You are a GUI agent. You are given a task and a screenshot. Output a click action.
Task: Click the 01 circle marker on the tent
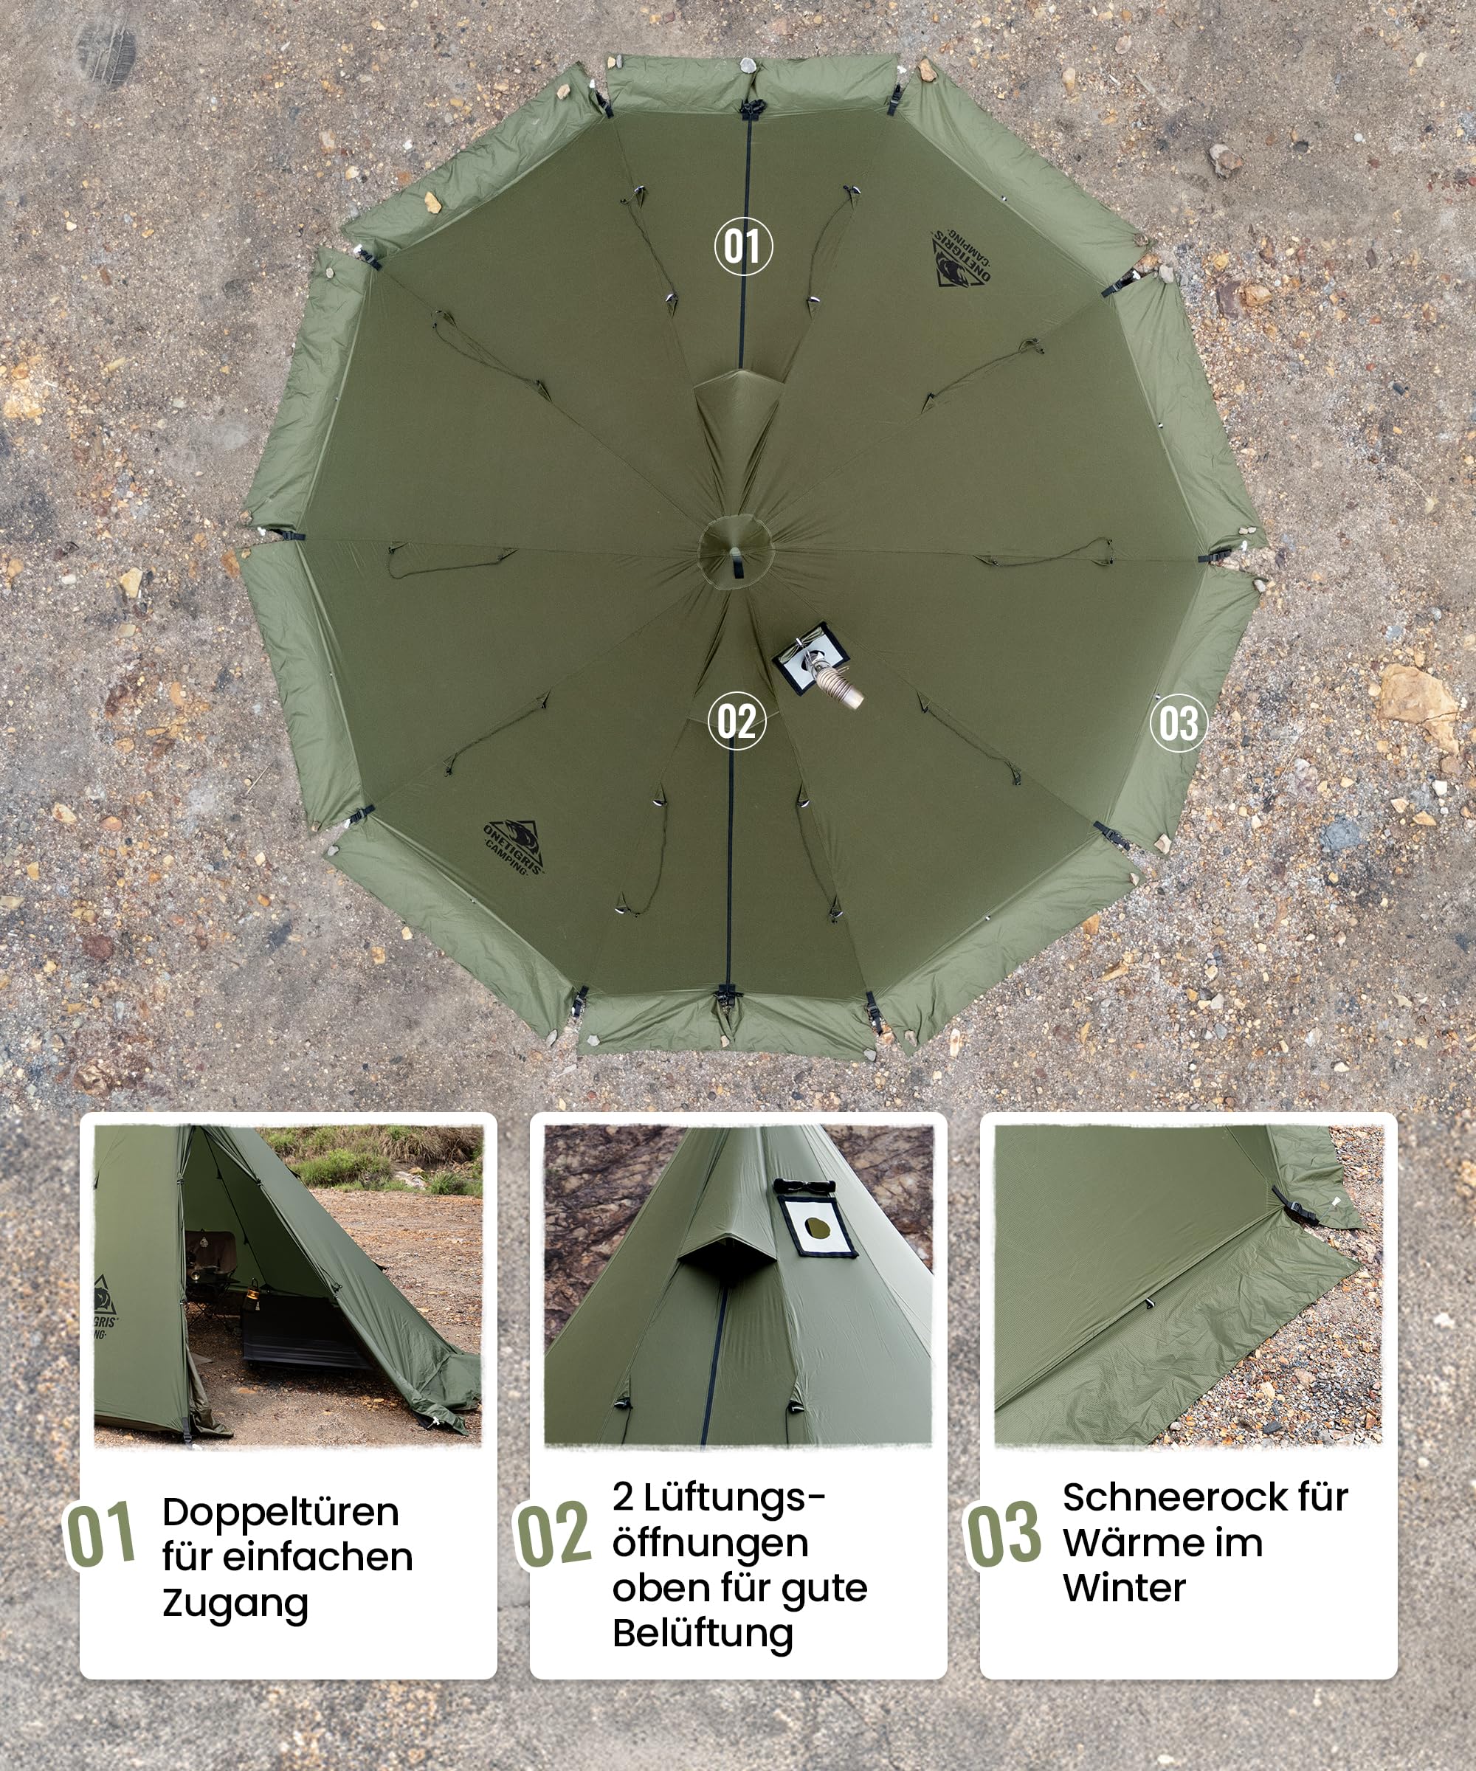(743, 246)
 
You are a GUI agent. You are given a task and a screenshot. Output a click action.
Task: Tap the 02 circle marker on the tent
(737, 721)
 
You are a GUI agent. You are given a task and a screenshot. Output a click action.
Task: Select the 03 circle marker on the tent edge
(1179, 722)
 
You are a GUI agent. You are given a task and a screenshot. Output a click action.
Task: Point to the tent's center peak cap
(736, 550)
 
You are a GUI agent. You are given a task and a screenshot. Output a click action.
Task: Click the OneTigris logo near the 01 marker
(961, 258)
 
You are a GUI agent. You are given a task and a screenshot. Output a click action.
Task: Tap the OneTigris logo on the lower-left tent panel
(514, 846)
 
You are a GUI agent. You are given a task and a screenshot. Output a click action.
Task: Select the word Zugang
(235, 1604)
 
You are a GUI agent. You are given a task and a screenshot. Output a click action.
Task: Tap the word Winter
(1124, 1588)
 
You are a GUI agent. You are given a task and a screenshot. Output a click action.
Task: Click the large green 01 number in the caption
(100, 1534)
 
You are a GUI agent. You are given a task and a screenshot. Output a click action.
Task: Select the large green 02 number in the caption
(553, 1534)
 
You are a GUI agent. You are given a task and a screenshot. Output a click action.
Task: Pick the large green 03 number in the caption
(1003, 1534)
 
